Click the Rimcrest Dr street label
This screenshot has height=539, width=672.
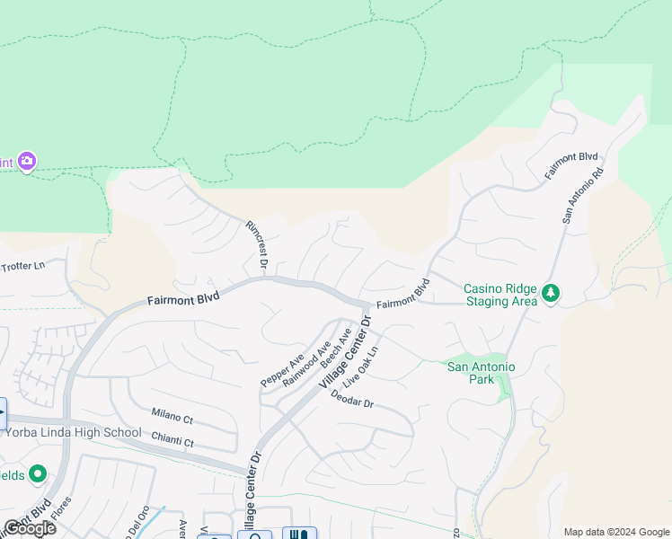coord(256,244)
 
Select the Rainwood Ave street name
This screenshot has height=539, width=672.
coord(306,363)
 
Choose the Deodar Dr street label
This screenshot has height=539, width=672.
coord(351,399)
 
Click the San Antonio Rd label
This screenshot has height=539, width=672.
coord(583,194)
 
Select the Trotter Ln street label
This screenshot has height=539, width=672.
coord(22,265)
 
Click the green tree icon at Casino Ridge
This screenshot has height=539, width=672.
coord(551,294)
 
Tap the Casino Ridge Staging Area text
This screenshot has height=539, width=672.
coord(500,295)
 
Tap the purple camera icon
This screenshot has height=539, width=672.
coord(27,162)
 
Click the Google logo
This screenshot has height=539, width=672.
coord(29,528)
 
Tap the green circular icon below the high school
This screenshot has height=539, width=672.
coord(38,473)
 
